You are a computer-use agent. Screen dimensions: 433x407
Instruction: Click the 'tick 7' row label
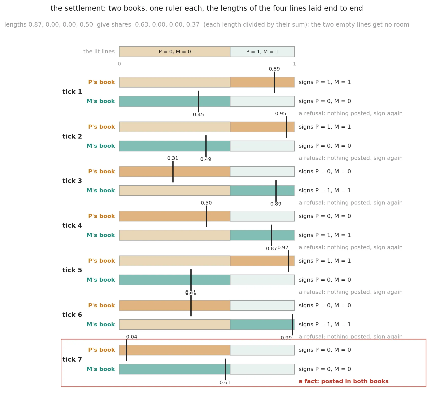(x=72, y=360)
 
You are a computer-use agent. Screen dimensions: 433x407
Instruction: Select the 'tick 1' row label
(x=72, y=92)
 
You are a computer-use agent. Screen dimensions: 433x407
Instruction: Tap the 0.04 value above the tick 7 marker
(x=132, y=337)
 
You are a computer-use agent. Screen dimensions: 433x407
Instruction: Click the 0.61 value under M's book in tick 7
(x=225, y=383)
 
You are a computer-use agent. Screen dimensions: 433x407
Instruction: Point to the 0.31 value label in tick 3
(x=173, y=158)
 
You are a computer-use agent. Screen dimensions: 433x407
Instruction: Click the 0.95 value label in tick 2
(x=281, y=114)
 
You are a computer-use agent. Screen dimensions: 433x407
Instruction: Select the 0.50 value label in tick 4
(x=206, y=203)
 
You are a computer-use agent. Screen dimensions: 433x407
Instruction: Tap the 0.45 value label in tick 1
(x=198, y=115)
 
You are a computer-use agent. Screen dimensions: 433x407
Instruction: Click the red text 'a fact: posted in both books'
(x=344, y=381)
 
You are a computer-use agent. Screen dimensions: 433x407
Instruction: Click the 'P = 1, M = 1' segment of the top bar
(x=262, y=52)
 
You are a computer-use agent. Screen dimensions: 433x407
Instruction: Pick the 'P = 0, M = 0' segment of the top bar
(x=175, y=52)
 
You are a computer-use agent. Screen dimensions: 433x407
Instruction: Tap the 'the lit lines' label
(x=99, y=52)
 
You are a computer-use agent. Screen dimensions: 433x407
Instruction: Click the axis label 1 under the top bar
(x=294, y=64)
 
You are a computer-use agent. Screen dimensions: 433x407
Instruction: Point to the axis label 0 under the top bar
(x=119, y=64)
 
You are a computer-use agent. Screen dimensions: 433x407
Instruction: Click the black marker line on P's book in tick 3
(x=173, y=172)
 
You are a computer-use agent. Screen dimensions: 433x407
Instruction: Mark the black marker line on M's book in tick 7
(x=225, y=369)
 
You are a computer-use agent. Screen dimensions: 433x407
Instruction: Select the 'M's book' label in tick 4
(x=101, y=235)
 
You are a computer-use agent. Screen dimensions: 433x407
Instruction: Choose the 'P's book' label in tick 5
(x=102, y=261)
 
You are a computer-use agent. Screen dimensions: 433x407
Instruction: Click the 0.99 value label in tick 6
(x=286, y=338)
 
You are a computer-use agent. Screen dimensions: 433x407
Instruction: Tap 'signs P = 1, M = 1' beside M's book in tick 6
(x=325, y=325)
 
